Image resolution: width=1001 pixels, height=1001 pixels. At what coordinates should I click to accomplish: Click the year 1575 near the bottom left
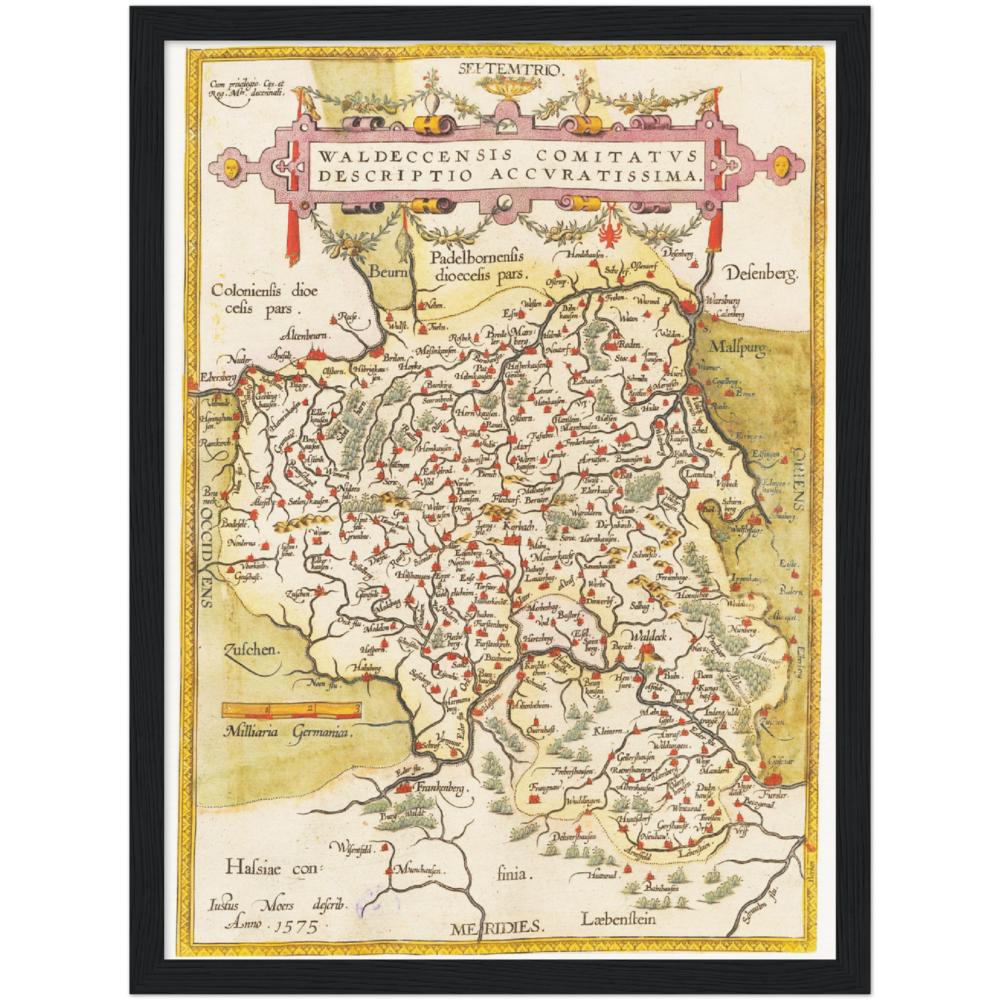[296, 925]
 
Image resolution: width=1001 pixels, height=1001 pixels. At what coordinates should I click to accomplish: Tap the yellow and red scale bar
[292, 709]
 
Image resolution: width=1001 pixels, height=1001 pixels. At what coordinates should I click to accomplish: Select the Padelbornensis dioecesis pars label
[478, 266]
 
